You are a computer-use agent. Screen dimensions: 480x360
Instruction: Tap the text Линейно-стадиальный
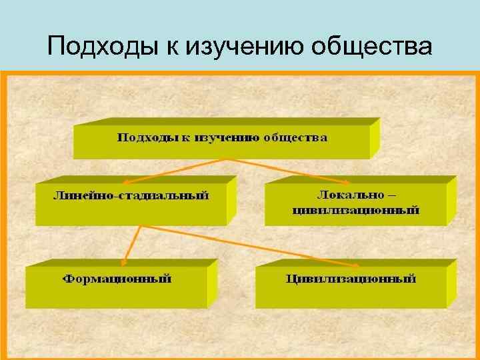coord(131,195)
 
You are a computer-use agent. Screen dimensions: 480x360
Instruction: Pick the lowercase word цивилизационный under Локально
coord(356,210)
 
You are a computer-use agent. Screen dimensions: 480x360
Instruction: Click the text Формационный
coord(117,279)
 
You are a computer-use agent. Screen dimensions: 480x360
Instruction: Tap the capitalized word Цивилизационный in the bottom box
coord(351,279)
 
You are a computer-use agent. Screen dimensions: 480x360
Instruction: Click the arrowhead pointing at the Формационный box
coord(127,262)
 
